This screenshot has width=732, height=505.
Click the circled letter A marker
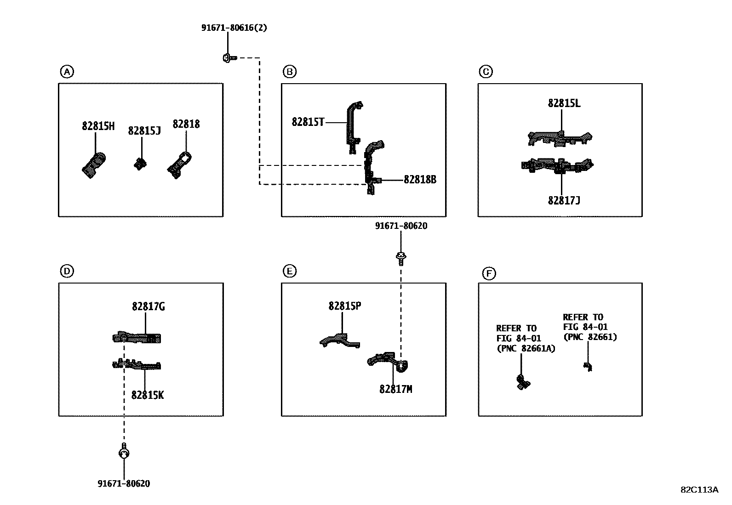click(67, 72)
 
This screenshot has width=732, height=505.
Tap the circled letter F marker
click(489, 273)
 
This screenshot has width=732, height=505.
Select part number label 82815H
click(98, 126)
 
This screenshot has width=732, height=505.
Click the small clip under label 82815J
click(140, 164)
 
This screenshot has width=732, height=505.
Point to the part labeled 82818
click(179, 165)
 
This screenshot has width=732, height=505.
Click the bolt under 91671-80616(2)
click(230, 58)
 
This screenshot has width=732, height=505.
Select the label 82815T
click(308, 122)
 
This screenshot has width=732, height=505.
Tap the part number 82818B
click(420, 179)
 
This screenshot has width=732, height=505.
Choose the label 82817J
click(564, 200)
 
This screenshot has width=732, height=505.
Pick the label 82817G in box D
click(149, 306)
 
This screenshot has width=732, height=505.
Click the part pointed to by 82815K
click(137, 364)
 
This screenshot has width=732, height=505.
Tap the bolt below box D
click(124, 451)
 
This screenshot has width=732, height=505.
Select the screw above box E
click(401, 259)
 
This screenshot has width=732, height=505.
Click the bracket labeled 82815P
click(340, 340)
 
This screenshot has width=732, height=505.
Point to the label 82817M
click(396, 389)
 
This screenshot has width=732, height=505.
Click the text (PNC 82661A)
click(526, 348)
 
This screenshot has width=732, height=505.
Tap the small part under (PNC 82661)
click(588, 367)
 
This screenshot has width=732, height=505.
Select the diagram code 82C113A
click(699, 490)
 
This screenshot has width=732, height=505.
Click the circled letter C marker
click(486, 72)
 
